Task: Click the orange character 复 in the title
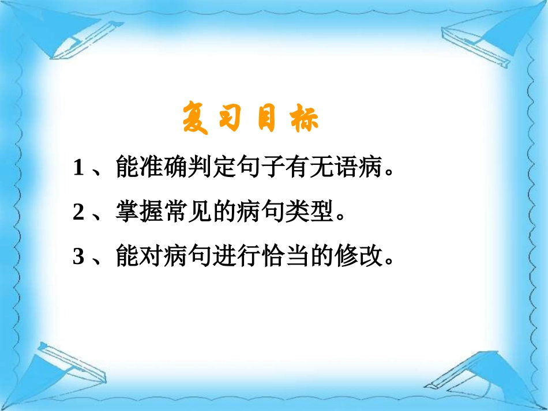click(x=196, y=118)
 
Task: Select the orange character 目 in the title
click(x=267, y=118)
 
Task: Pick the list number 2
click(x=79, y=213)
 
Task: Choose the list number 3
click(x=79, y=257)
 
